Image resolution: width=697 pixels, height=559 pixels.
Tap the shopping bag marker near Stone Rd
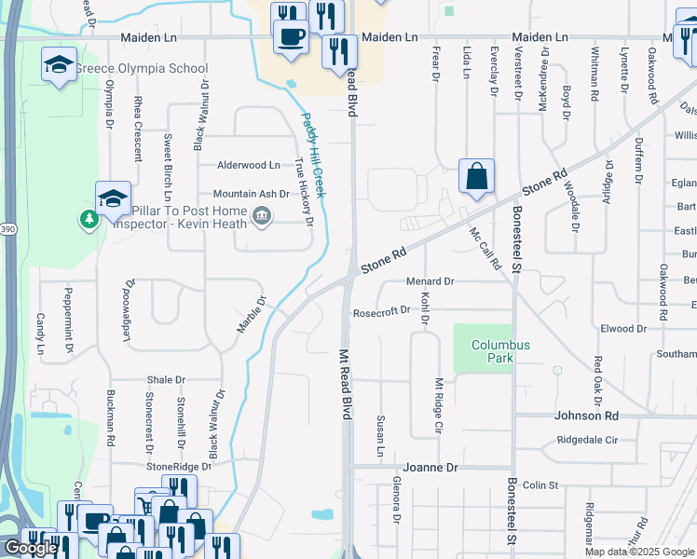tap(476, 177)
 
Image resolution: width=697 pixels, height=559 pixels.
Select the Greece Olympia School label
tap(142, 69)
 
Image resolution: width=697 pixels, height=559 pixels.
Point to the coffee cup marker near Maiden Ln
tap(291, 38)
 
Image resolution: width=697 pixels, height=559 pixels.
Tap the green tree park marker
tap(89, 219)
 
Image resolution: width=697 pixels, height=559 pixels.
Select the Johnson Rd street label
tap(586, 416)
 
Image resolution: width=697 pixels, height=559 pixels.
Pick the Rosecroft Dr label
tap(381, 312)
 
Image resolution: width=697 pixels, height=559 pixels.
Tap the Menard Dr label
tap(430, 281)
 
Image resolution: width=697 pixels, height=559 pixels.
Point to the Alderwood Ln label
tap(248, 165)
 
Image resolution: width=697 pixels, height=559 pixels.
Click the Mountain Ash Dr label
tap(252, 194)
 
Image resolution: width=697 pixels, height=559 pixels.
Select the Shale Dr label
tap(167, 380)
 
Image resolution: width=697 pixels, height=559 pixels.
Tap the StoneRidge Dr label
tap(178, 466)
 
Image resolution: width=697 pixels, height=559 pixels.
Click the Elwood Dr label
tap(623, 329)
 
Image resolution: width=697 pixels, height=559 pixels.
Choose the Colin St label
tap(540, 485)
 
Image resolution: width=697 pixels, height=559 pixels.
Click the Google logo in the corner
tap(30, 548)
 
